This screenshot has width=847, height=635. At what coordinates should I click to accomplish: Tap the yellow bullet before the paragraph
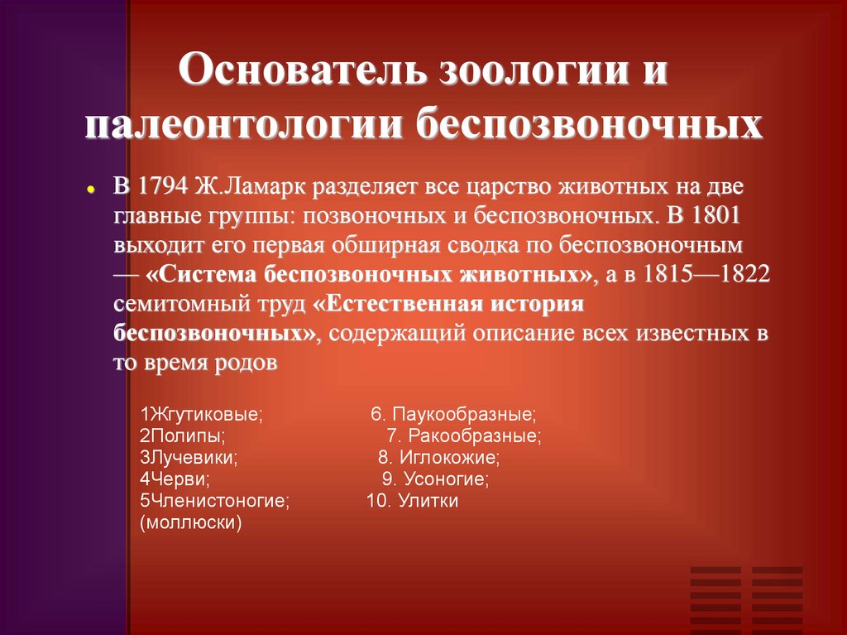point(90,190)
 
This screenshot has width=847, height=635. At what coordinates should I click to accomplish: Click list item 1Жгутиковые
point(201,412)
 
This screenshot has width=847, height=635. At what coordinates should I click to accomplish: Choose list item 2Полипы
point(181,435)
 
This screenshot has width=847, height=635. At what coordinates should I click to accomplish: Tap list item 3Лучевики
point(189,456)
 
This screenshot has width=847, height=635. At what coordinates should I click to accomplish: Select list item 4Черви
point(175,479)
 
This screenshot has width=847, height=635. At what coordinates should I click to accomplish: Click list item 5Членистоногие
point(214,501)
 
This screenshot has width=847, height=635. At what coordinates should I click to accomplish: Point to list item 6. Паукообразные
point(453,412)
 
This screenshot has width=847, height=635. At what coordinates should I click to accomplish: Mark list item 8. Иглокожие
point(438,456)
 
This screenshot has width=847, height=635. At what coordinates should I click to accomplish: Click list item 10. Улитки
point(412,501)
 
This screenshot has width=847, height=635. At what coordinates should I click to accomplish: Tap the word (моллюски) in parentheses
point(191,523)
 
